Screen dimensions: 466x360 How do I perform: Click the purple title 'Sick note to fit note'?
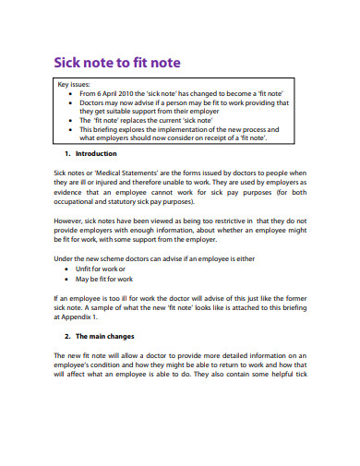point(115,63)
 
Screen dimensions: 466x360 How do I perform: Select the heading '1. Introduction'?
point(97,154)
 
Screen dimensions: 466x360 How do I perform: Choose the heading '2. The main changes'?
point(104,337)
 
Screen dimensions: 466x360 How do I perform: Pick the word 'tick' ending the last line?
point(301,374)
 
